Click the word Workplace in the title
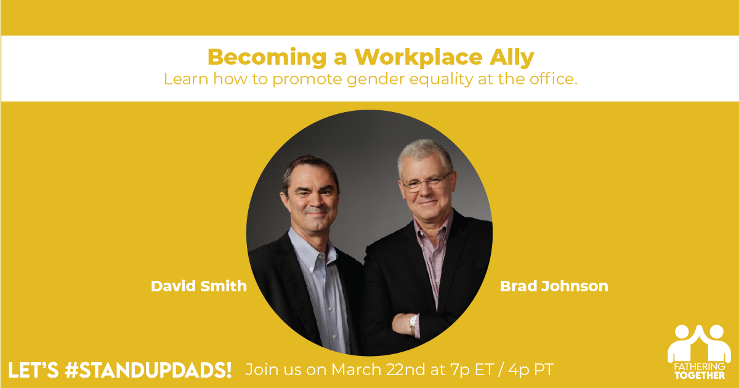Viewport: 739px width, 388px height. (x=419, y=57)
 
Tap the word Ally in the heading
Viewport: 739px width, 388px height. (x=512, y=57)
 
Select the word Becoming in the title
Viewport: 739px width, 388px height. (x=267, y=57)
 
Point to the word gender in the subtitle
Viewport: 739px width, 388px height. (x=376, y=79)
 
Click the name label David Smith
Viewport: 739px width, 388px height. (x=199, y=286)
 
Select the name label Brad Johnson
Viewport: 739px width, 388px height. (x=554, y=286)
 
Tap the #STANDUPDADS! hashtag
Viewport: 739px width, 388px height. (x=148, y=370)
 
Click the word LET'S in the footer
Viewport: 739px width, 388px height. (x=33, y=370)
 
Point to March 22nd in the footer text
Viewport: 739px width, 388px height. (x=378, y=370)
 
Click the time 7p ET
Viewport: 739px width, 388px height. (x=472, y=370)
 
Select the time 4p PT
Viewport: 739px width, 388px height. (x=531, y=370)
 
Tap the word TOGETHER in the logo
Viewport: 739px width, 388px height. (x=700, y=376)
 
